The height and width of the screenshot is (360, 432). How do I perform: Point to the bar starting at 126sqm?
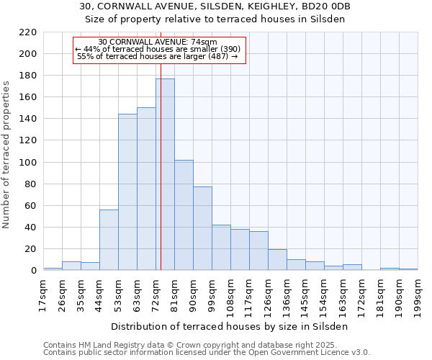[x=277, y=260]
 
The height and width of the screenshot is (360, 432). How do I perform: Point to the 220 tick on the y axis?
[x=28, y=32]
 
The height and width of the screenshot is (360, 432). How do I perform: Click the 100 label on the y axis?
[x=28, y=163]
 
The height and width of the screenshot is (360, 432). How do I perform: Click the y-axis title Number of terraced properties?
[x=7, y=155]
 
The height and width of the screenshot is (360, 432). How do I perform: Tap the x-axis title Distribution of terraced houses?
[x=230, y=326]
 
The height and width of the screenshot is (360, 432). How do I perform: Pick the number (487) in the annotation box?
[x=217, y=56]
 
